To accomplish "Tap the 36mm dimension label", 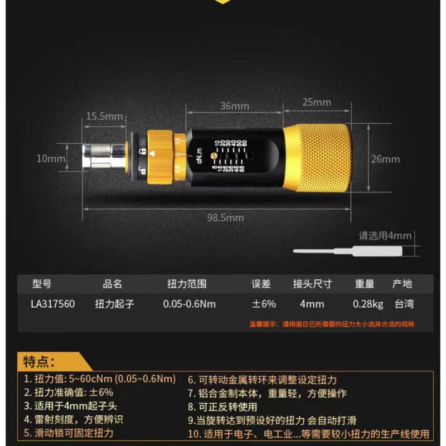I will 234,105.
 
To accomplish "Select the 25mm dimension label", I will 317,102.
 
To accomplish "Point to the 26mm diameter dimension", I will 385,159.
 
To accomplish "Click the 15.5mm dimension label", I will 104,116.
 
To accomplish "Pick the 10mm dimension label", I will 51,158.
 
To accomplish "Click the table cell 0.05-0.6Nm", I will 189,304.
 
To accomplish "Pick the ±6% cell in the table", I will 264,304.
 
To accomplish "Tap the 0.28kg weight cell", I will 368,304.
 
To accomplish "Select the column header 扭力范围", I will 187,284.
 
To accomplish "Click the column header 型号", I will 42,284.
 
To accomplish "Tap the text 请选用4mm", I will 385,236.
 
